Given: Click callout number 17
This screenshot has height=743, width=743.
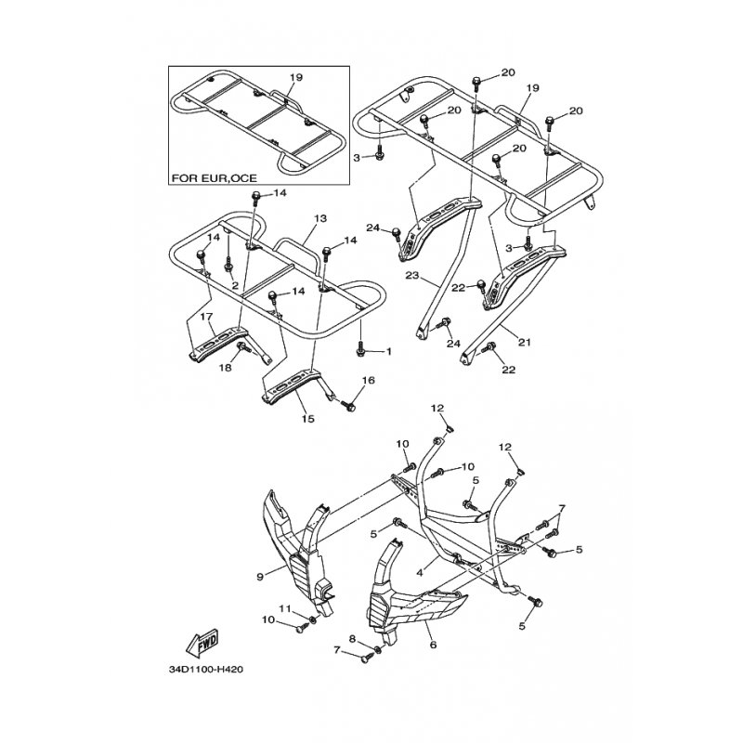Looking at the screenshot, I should click(x=207, y=317).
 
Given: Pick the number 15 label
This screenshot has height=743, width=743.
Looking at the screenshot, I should click(x=307, y=419).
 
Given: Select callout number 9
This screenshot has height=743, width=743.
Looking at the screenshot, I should click(x=260, y=576).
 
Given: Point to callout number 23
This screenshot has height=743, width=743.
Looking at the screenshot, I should click(x=412, y=276).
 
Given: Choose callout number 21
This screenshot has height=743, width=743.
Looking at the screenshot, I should click(x=524, y=343).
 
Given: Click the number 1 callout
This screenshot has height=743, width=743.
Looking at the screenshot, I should click(x=389, y=352).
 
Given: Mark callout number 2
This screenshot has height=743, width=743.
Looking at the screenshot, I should click(x=235, y=285).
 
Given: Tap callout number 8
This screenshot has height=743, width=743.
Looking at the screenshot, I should click(x=352, y=639).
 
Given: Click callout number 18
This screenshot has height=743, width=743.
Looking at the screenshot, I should click(x=223, y=369).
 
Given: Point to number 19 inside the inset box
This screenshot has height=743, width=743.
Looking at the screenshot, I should click(x=295, y=77).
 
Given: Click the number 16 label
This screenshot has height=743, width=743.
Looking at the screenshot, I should click(x=368, y=381).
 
